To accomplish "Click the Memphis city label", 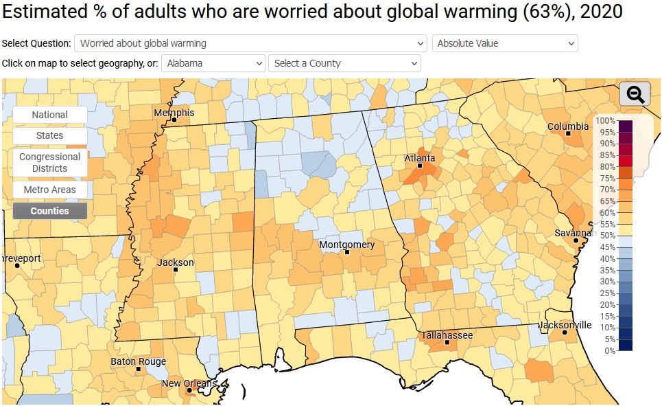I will (174, 113).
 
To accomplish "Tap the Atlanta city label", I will (420, 158).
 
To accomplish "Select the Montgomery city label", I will (347, 245).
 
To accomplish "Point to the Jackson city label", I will (176, 262).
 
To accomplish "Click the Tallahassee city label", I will (447, 335).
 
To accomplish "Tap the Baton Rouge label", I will (138, 361).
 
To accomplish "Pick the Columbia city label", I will (567, 126).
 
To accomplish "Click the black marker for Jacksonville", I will (565, 332).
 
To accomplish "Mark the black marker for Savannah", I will (576, 240).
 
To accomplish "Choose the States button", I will (49, 135).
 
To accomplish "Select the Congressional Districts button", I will (49, 162).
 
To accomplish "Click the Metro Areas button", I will (49, 189).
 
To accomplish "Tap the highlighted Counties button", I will (49, 211).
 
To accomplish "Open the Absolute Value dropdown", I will (505, 43).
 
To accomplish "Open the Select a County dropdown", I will (344, 63).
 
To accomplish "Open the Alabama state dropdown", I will (213, 63).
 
